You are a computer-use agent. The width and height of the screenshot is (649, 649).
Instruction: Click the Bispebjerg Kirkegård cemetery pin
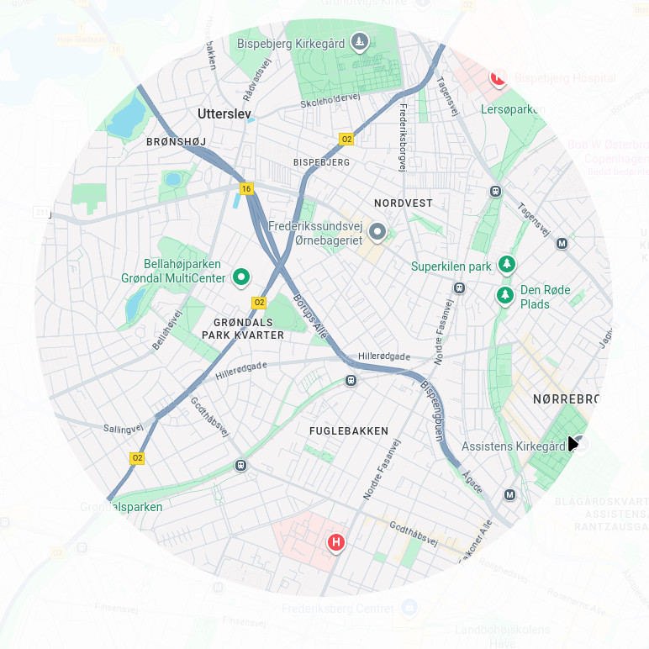[x=360, y=41]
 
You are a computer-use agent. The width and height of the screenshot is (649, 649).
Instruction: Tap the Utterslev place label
[x=224, y=113]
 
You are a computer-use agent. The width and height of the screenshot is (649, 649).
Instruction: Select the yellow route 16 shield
[x=246, y=189]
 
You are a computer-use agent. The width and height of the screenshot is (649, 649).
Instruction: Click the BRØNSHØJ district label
[x=176, y=142]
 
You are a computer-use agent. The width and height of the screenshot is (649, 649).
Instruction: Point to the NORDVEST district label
[x=403, y=203]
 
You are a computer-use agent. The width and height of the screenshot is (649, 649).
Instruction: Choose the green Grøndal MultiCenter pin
[x=241, y=276]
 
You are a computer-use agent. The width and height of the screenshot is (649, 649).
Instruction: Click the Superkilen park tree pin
[x=507, y=265]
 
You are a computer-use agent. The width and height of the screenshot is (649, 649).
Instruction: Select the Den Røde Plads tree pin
[x=504, y=295]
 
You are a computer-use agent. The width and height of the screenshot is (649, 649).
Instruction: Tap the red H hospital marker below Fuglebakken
[x=337, y=543]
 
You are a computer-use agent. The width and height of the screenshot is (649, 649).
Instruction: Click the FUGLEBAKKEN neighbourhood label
[x=349, y=431]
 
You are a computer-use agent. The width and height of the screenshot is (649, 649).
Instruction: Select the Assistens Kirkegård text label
[x=514, y=446]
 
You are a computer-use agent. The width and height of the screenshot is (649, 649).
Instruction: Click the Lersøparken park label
[x=512, y=109]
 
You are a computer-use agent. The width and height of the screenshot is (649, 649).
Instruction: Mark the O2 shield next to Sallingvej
[x=137, y=458]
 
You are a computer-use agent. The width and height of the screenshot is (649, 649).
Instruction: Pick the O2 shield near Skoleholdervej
[x=346, y=139]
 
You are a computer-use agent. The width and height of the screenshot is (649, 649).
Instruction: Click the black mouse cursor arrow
[x=572, y=443]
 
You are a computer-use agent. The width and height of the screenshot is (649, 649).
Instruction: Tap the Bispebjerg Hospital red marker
[x=499, y=78]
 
